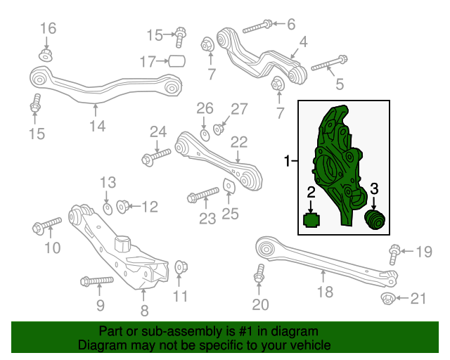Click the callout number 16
point(48,28)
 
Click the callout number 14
point(97,126)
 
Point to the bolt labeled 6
point(257,27)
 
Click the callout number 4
point(302,43)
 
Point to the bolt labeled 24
point(156,156)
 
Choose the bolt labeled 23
point(202,195)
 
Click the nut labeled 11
point(181,267)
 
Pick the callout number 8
point(144,309)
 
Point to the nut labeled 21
point(387,300)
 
